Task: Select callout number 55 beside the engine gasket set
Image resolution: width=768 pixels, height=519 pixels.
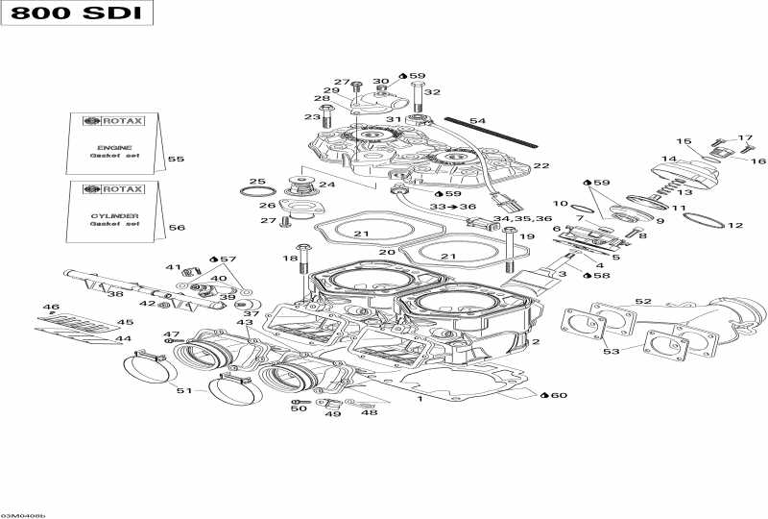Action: coord(176,159)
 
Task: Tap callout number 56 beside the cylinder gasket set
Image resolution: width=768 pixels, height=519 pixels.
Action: coord(176,228)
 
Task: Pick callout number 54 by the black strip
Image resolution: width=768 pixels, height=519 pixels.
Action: coord(477,121)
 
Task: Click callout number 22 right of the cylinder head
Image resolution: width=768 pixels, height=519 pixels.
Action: coord(541,166)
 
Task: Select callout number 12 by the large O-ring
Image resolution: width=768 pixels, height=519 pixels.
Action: coord(735,226)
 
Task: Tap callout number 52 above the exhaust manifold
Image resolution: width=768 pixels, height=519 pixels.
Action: coord(642,302)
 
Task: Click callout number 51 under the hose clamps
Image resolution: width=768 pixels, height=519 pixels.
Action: coord(183,390)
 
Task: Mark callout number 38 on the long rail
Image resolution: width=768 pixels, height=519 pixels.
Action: coord(114,294)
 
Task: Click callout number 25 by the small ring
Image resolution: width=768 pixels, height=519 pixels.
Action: coord(256,182)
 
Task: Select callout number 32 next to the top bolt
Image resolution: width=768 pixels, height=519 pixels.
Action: coord(432,92)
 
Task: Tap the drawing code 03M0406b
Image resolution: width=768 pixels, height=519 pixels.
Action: coord(23,515)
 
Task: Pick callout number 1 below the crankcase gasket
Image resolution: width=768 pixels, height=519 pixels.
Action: coord(419,398)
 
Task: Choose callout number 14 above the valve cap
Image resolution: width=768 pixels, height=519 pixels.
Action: coord(668,159)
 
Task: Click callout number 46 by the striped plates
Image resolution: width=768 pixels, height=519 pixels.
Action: coord(50,308)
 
